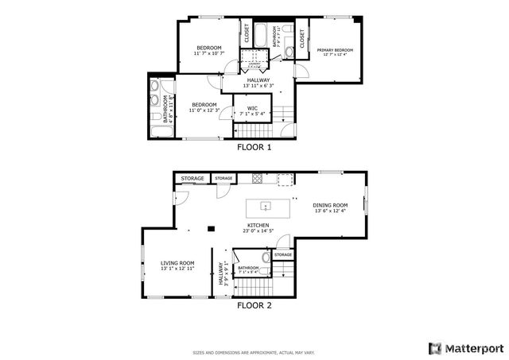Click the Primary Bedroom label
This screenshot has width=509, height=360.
pyautogui.click(x=337, y=50)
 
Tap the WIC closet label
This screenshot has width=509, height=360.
pyautogui.click(x=252, y=107)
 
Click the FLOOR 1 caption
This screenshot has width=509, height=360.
pyautogui.click(x=254, y=147)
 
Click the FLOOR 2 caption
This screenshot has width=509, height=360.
pyautogui.click(x=254, y=304)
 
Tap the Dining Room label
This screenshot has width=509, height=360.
pyautogui.click(x=331, y=204)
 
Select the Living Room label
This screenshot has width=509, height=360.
pyautogui.click(x=177, y=263)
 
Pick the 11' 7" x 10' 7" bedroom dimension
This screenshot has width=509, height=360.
pyautogui.click(x=209, y=53)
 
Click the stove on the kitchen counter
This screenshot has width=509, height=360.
pyautogui.click(x=257, y=176)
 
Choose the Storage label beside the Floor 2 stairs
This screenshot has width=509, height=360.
pyautogui.click(x=283, y=255)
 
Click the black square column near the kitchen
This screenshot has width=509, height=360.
pyautogui.click(x=210, y=229)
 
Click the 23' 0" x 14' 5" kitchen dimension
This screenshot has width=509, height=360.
pyautogui.click(x=258, y=231)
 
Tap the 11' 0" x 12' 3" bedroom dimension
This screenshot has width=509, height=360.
pyautogui.click(x=204, y=110)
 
